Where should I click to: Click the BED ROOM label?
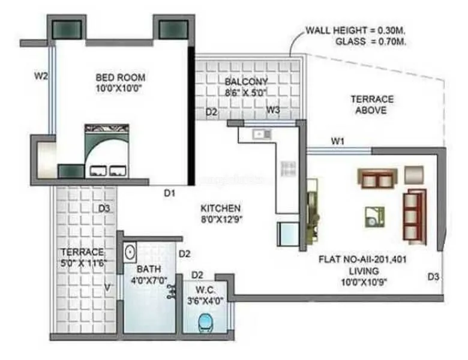(120, 77)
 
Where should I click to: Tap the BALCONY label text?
(246, 82)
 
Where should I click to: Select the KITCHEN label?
(220, 208)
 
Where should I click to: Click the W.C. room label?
(205, 290)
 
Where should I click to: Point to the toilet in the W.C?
(206, 322)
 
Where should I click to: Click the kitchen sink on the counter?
(262, 134)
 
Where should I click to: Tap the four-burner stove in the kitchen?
(289, 169)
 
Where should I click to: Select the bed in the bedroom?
(107, 151)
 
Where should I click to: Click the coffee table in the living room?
(374, 217)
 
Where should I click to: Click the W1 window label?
(338, 141)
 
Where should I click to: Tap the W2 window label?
(41, 76)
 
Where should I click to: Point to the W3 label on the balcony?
(274, 110)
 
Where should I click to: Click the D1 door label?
(170, 193)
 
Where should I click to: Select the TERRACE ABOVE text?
(372, 104)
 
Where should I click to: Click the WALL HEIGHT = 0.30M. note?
(355, 31)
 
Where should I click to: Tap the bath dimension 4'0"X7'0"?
(149, 280)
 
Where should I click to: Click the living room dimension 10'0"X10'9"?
(364, 282)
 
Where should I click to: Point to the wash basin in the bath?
(130, 253)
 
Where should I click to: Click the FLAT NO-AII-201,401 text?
(362, 259)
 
